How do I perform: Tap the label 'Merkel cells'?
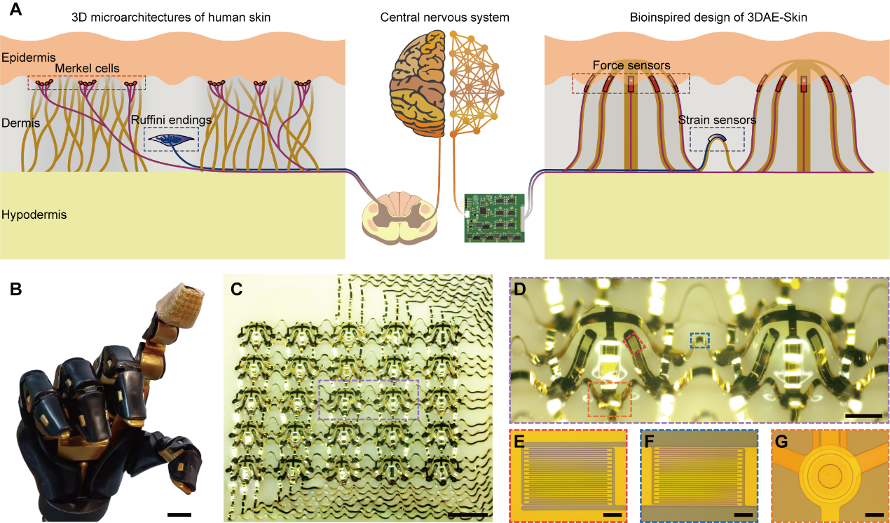click(x=89, y=68)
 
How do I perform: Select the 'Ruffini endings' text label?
click(x=171, y=120)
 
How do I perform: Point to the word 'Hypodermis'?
click(x=34, y=215)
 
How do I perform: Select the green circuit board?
click(x=495, y=217)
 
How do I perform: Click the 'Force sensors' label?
click(x=631, y=65)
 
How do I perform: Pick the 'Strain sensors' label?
click(x=717, y=120)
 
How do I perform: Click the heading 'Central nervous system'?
click(x=444, y=16)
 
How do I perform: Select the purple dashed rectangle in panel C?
click(x=369, y=400)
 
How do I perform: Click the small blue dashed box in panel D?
click(x=699, y=341)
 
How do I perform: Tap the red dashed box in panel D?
click(x=634, y=345)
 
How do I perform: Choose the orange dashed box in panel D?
click(x=610, y=400)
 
